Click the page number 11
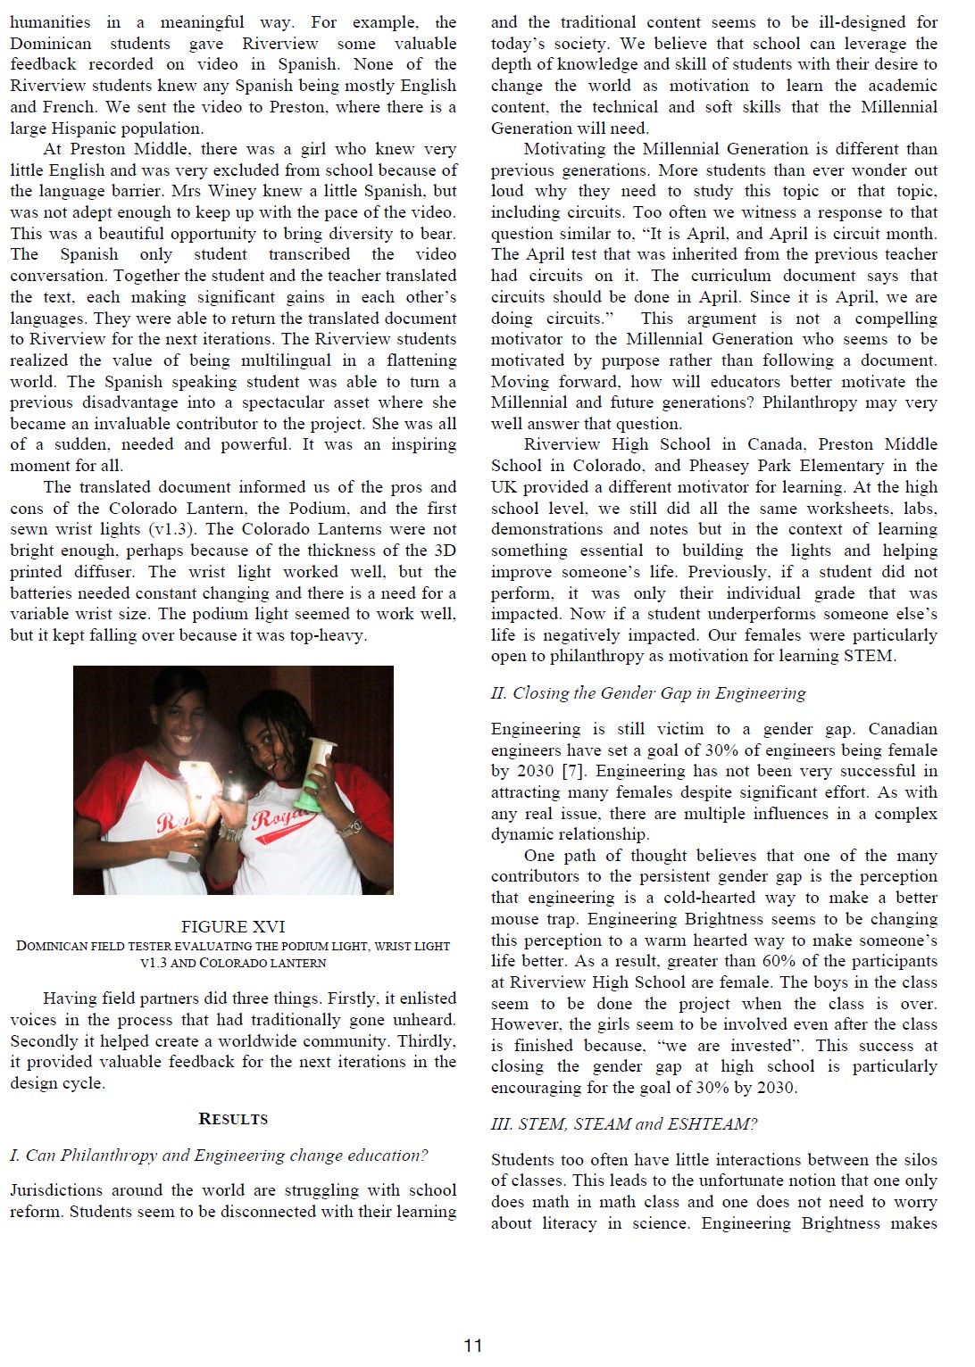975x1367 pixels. (472, 1346)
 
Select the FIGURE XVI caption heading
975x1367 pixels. (233, 926)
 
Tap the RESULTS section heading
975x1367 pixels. (233, 1119)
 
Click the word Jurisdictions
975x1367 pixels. (56, 1190)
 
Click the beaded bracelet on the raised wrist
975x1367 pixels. (230, 833)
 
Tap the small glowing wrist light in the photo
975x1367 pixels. (234, 791)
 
